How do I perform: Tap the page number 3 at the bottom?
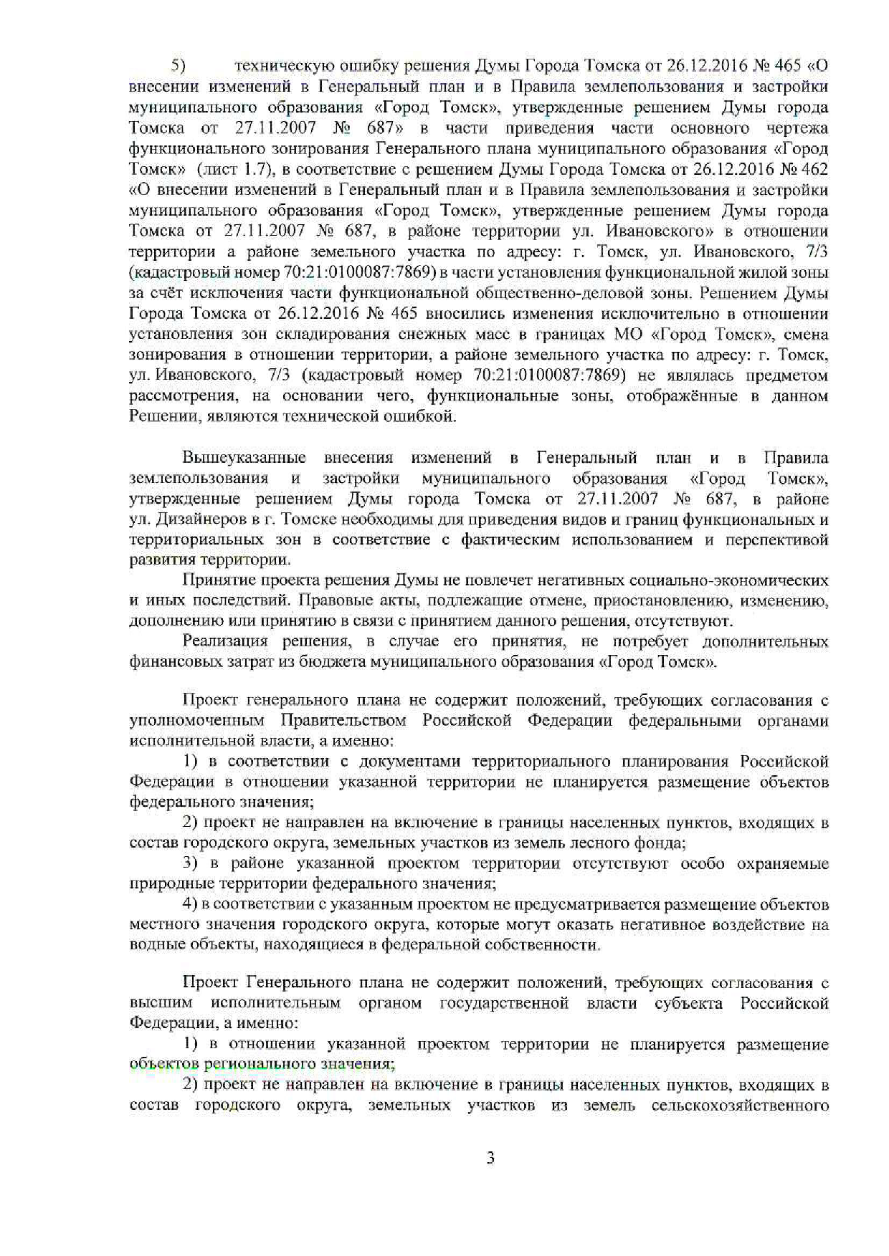click(x=490, y=1159)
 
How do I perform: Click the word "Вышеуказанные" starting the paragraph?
click(x=244, y=458)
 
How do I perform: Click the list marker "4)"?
click(x=191, y=904)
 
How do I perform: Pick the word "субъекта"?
click(x=689, y=1003)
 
